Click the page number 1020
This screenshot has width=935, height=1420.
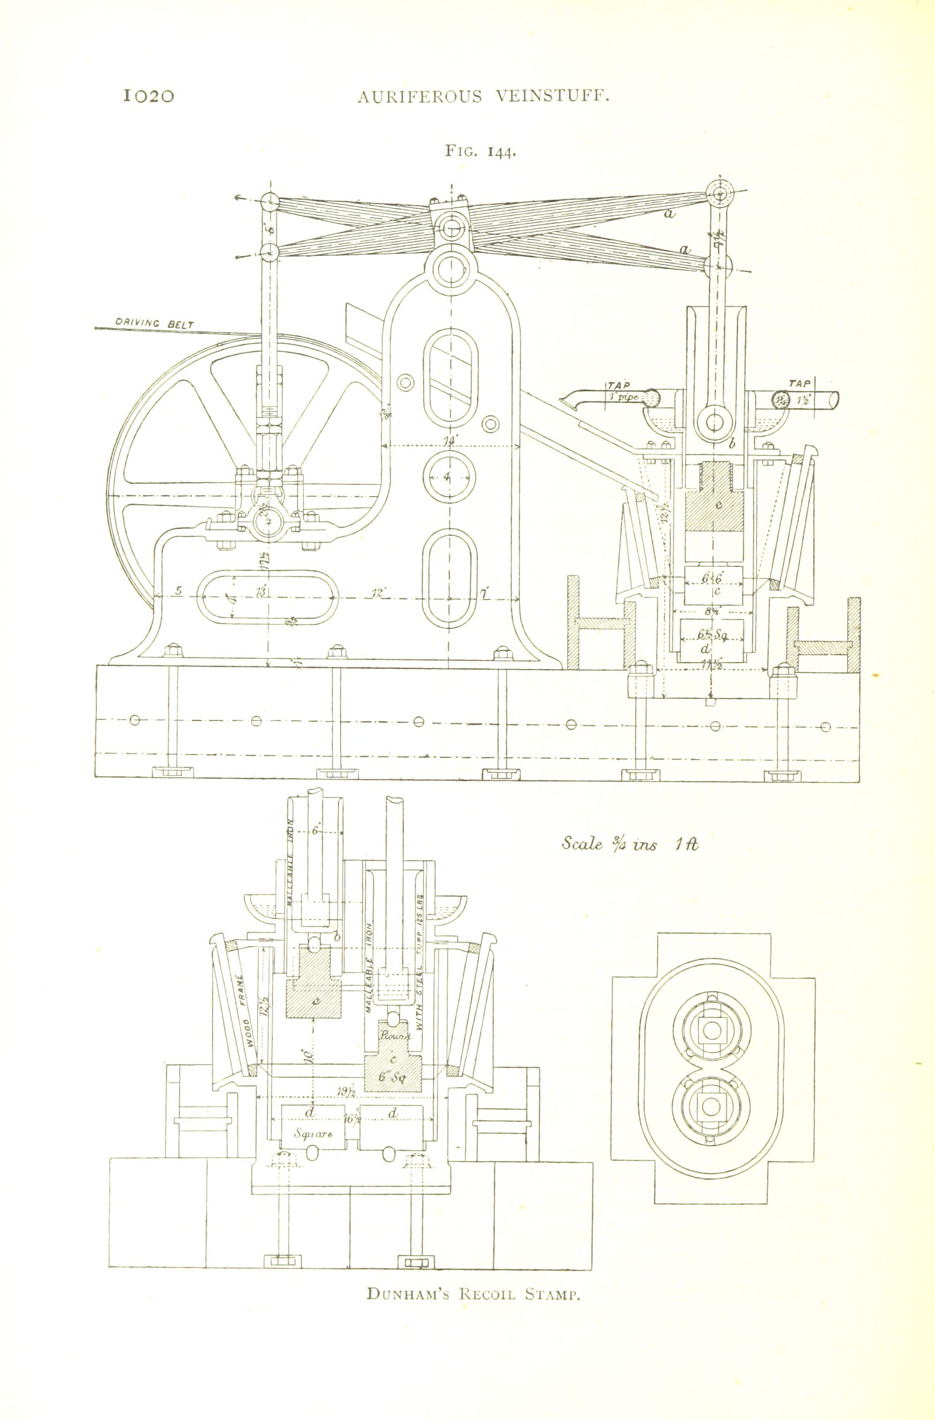point(149,96)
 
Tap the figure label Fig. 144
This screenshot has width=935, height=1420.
point(479,151)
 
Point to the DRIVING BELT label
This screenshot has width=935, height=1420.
point(154,323)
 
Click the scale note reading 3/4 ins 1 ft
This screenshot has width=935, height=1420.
point(629,844)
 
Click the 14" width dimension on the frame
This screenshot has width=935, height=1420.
point(449,441)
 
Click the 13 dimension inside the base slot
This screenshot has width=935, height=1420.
point(261,593)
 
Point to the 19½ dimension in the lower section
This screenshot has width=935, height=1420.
point(346,1091)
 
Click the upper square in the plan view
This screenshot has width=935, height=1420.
point(711,1029)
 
